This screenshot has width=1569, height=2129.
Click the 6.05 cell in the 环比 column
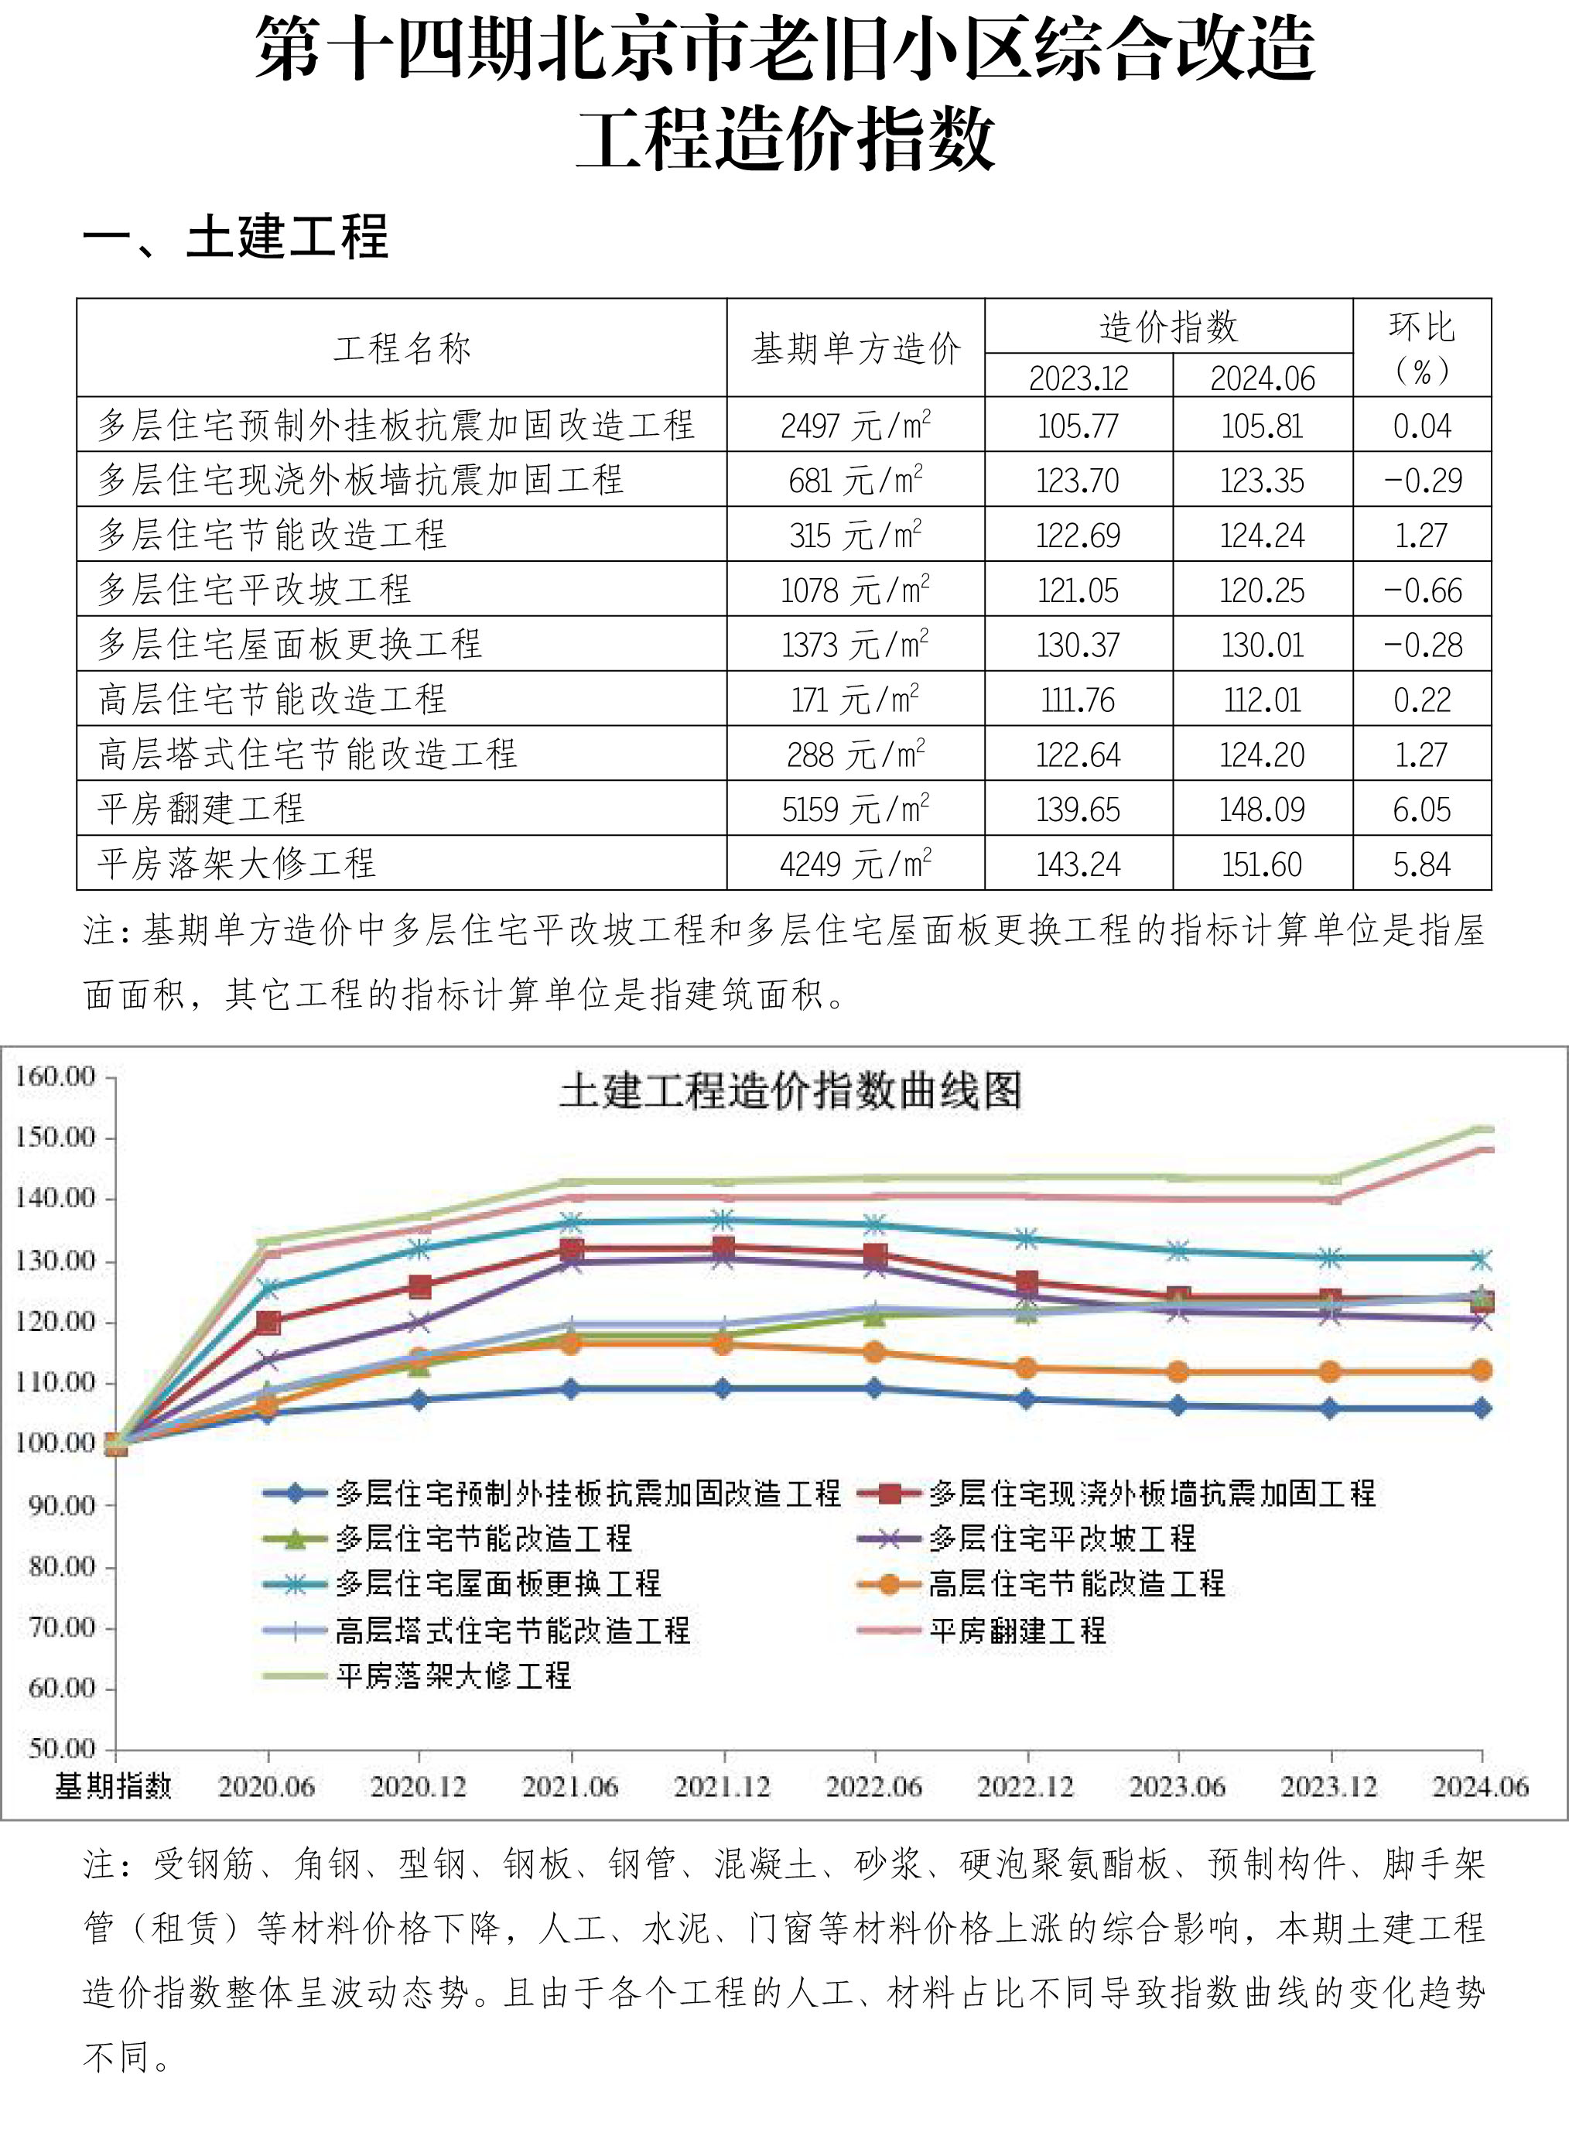click(1422, 809)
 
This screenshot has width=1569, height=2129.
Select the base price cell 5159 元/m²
click(855, 809)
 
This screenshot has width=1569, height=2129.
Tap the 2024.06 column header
click(1262, 378)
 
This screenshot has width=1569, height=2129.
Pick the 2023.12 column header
click(1079, 378)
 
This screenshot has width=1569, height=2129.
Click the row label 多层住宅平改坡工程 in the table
click(255, 590)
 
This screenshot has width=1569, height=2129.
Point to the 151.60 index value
click(1262, 864)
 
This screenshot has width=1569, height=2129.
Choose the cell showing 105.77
click(1079, 426)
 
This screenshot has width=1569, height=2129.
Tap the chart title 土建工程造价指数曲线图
click(790, 1090)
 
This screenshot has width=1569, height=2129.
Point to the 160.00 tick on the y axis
click(55, 1076)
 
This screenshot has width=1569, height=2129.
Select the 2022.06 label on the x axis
click(873, 1787)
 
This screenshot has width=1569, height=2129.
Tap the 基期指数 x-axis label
click(113, 1787)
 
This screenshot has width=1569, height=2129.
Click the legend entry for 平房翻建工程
click(1017, 1631)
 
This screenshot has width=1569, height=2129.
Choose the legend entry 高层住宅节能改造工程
click(1076, 1583)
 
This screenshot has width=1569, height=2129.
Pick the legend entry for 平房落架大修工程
click(453, 1675)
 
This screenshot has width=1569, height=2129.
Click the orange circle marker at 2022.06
click(873, 1352)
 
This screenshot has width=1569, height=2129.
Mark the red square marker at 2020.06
click(268, 1322)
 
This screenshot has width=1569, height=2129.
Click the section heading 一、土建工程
click(237, 237)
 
